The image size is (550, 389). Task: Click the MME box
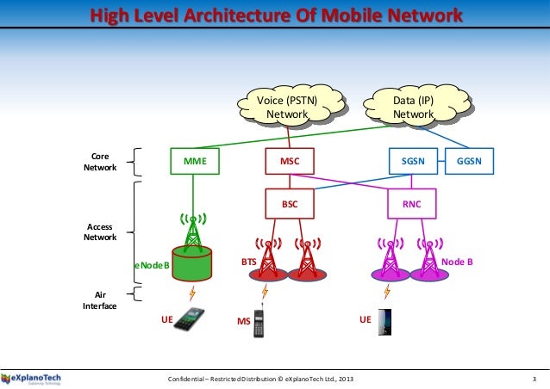click(195, 160)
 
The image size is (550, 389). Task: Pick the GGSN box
click(469, 160)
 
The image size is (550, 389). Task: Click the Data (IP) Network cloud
click(414, 108)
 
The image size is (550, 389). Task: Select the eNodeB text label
click(152, 267)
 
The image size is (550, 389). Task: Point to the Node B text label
click(457, 260)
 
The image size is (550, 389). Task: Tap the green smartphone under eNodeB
click(192, 321)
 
